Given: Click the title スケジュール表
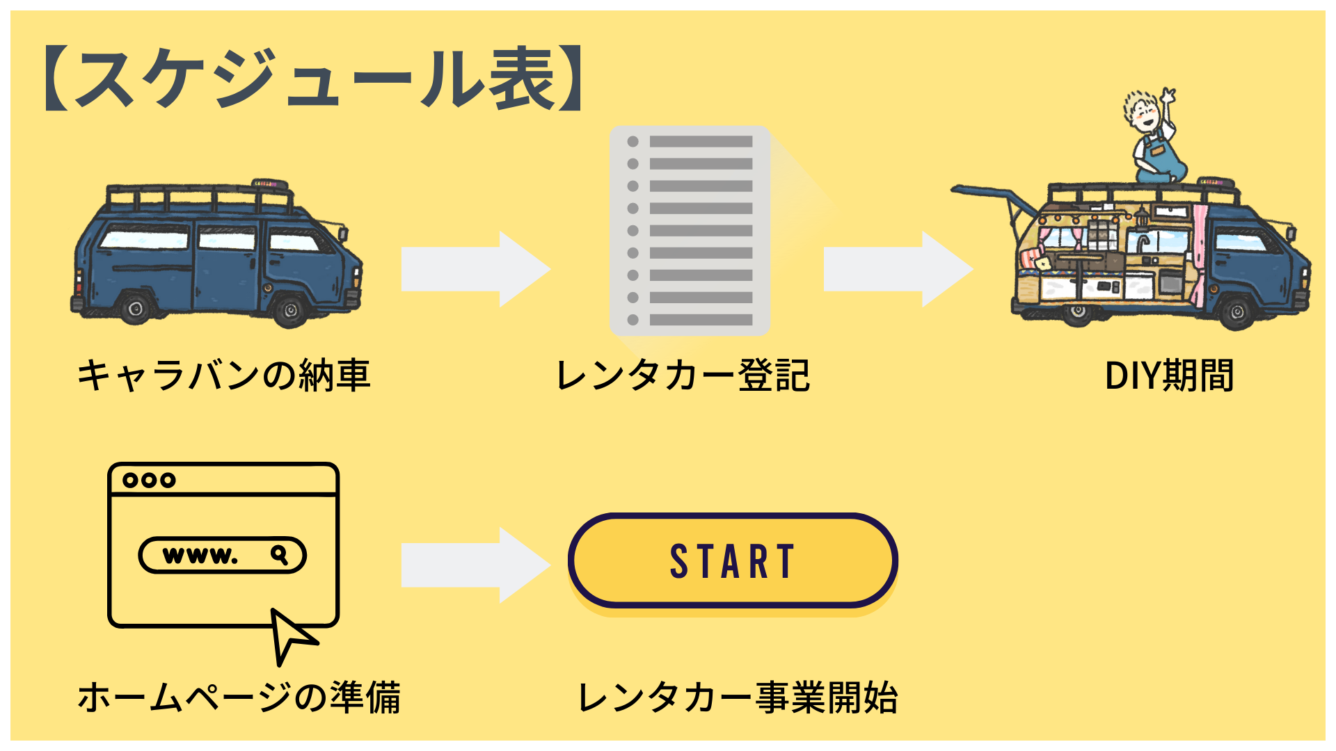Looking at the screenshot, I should [313, 79].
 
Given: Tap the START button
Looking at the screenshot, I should [732, 561].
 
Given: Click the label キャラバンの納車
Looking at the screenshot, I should [223, 375].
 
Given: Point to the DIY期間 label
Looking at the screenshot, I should [1169, 375].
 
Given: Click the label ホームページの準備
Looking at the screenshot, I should [239, 697].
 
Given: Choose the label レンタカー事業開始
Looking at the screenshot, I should [738, 697].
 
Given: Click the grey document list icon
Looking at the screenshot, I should [690, 230].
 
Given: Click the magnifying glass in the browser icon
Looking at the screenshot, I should [280, 555].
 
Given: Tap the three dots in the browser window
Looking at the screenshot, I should [149, 480].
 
